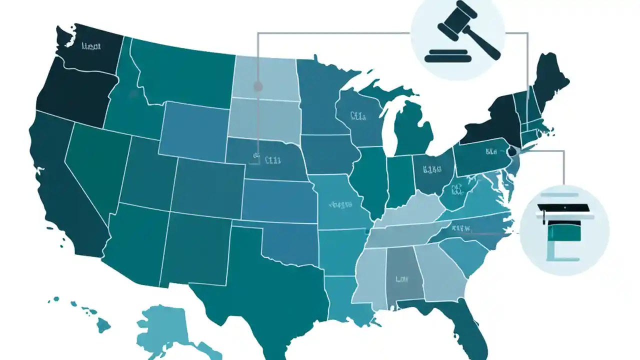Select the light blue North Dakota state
pos(265,77)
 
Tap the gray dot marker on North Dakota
pos(258,86)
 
